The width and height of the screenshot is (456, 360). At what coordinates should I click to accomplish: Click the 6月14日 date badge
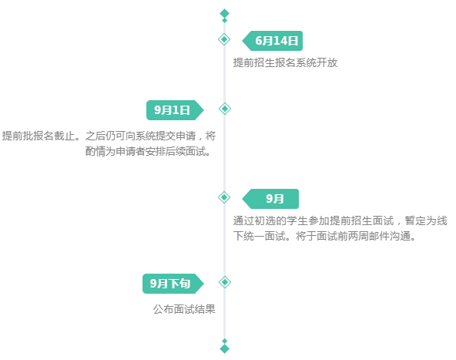273,41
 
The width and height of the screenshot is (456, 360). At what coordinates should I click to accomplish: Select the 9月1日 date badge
175,110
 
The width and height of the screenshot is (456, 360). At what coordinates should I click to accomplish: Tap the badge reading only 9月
270,199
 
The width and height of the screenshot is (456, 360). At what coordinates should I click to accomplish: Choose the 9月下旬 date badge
173,284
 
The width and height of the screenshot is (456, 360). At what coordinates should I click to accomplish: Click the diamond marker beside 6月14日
224,39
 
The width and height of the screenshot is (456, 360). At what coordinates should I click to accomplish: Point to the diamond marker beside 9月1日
224,109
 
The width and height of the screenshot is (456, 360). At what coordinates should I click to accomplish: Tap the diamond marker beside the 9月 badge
224,197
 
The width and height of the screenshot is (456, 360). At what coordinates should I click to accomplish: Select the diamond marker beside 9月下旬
224,282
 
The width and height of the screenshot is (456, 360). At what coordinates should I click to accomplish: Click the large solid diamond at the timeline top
224,13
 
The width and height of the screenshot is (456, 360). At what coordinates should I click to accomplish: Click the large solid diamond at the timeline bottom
224,348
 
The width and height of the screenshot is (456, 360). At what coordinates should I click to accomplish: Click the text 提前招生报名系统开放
285,62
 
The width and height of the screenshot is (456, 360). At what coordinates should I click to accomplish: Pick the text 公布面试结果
184,309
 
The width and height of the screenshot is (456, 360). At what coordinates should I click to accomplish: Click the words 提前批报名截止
39,136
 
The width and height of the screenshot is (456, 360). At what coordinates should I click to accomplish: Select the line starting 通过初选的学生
340,220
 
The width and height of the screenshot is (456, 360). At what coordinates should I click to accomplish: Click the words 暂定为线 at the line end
426,220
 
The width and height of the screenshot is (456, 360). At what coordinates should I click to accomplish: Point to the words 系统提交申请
165,136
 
